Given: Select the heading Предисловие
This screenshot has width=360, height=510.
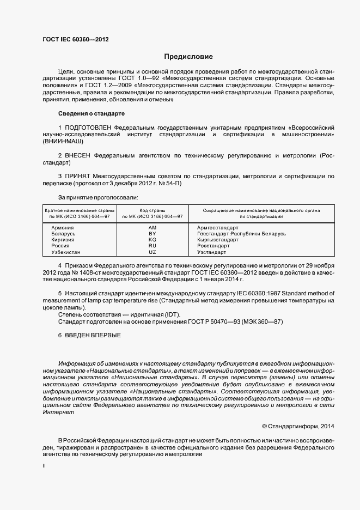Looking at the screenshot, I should (188, 57).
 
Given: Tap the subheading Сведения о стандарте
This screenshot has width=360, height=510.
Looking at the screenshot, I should (91, 113).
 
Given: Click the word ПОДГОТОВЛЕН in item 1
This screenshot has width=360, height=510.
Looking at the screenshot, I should (89, 127).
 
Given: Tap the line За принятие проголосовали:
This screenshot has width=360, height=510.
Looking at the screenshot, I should (98, 197).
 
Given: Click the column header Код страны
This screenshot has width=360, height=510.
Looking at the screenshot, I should (152, 210).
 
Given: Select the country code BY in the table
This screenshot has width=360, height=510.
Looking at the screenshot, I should (152, 234).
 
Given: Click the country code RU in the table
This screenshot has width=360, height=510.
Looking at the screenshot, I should (152, 246).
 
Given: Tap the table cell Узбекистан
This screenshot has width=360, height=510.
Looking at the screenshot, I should (65, 252).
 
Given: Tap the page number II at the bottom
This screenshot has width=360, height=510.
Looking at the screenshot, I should (44, 466).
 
